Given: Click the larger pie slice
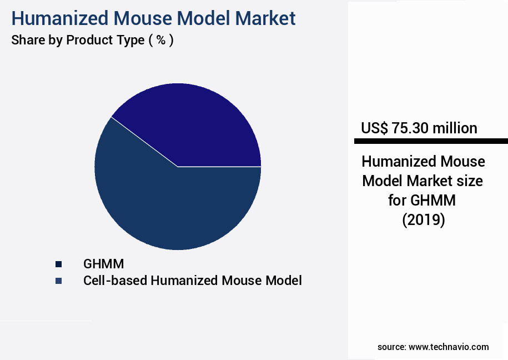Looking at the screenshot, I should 167,206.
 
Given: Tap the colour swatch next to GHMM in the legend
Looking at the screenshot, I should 58,264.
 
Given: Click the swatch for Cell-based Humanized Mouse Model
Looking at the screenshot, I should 58,281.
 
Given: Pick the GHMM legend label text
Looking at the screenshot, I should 104,263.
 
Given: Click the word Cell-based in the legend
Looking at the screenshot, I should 109,281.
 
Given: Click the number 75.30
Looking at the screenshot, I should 410,128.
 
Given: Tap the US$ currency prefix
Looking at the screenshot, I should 374,128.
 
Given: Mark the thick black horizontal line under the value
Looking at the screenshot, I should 431,141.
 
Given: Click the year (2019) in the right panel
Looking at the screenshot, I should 424,220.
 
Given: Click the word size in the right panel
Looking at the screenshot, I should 467,181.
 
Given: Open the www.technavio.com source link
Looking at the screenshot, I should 449,347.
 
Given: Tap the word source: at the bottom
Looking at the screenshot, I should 391,347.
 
